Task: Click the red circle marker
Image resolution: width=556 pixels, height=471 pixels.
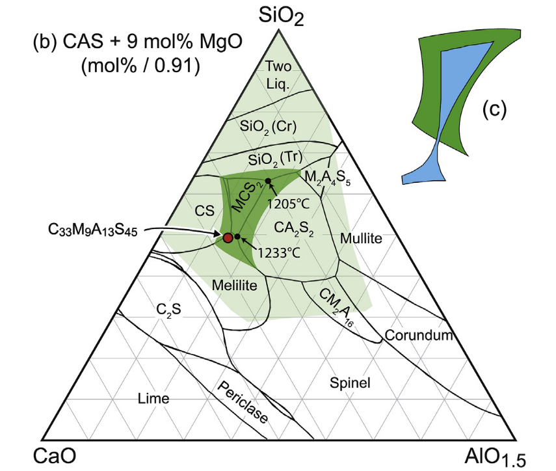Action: (228, 237)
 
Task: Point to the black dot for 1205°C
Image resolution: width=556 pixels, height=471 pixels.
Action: (267, 180)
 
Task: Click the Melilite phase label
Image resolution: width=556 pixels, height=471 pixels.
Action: (234, 285)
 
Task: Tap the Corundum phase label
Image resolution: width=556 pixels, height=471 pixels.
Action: (417, 335)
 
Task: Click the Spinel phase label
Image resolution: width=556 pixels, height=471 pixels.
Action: (350, 383)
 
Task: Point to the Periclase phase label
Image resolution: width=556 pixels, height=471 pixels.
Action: (243, 402)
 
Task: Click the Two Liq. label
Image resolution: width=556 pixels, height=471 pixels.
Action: (281, 74)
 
